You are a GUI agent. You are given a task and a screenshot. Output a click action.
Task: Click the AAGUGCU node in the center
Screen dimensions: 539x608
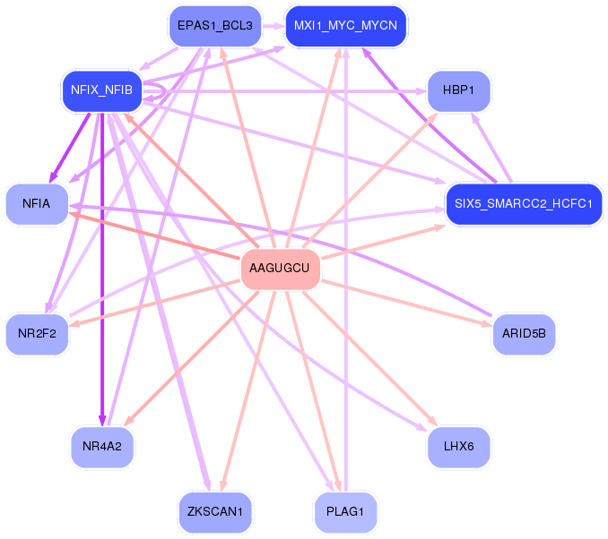point(280,269)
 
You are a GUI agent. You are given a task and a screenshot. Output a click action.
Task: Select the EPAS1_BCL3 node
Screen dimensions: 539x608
point(214,26)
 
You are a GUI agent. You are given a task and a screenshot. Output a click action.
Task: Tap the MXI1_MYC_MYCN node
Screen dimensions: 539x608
point(345,26)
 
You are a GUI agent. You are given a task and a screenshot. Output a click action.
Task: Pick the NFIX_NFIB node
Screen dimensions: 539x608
point(101,90)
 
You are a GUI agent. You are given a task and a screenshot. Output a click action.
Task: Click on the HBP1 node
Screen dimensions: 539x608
point(458,91)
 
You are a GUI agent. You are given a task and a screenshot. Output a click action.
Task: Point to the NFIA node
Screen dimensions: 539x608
point(36,204)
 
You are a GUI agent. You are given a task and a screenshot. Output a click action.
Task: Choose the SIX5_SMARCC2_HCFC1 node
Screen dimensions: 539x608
point(524,203)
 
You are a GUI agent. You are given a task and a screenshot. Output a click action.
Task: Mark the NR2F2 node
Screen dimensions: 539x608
point(36,335)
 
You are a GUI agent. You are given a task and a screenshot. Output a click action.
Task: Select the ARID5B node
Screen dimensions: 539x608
point(524,334)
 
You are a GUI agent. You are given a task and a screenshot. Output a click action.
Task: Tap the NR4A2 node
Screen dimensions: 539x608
point(101,445)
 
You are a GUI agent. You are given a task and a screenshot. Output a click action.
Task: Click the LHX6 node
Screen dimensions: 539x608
point(458,445)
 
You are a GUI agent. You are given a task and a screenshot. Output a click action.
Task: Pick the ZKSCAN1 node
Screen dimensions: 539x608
point(214,512)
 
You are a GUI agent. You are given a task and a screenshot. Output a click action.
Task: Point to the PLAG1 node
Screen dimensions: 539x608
point(345,512)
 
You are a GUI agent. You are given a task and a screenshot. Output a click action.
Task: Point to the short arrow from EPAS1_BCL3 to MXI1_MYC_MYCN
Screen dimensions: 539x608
point(273,26)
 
